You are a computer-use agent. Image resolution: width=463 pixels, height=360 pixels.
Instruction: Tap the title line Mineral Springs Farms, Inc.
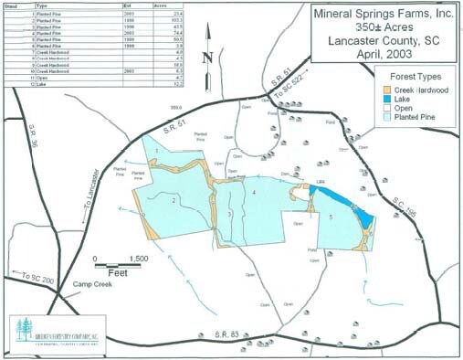382,16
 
